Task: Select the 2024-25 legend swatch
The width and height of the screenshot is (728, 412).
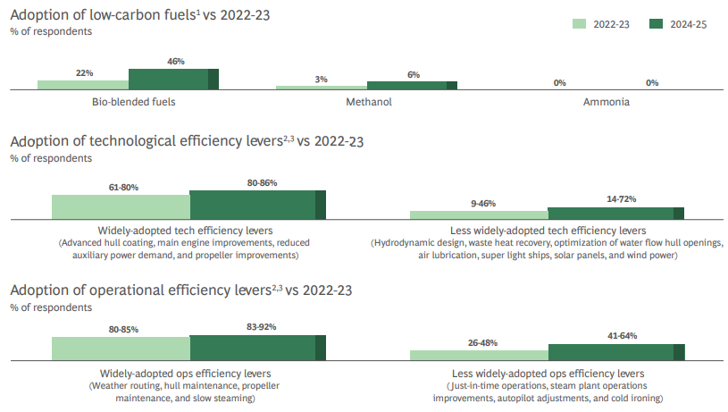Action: click(662, 25)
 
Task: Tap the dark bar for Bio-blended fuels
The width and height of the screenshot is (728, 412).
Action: click(173, 79)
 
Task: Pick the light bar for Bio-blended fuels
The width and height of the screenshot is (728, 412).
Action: click(83, 84)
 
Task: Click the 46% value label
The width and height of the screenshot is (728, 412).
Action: click(175, 62)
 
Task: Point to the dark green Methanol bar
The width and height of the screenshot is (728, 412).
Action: click(412, 85)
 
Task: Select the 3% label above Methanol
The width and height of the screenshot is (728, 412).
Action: click(322, 80)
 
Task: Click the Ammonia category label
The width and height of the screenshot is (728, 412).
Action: click(606, 102)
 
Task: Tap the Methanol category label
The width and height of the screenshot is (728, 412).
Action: click(369, 102)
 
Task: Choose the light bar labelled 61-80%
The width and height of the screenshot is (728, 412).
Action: click(121, 206)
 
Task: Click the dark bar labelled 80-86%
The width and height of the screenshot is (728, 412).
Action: click(257, 205)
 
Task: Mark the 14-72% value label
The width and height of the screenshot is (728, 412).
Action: click(615, 200)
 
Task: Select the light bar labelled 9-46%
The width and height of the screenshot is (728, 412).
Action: click(479, 214)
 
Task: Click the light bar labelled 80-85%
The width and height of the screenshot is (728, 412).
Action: click(121, 349)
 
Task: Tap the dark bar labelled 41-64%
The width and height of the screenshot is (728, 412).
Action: click(615, 352)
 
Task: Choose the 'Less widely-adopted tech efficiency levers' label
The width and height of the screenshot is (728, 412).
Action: click(547, 231)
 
